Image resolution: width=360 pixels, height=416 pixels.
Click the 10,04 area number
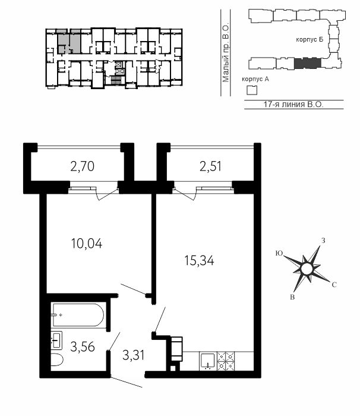[87, 244]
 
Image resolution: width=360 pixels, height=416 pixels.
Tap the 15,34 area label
[199, 260]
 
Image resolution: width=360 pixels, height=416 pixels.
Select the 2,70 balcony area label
[82, 166]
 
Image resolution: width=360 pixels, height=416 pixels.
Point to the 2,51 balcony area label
[210, 166]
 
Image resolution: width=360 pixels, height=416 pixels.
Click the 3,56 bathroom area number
[83, 346]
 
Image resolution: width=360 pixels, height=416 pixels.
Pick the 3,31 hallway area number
[134, 355]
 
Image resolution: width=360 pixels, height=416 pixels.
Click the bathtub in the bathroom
[78, 315]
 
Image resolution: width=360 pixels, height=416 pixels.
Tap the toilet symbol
[57, 360]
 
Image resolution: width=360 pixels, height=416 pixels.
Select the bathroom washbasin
[56, 341]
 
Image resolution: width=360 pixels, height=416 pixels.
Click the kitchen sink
[208, 361]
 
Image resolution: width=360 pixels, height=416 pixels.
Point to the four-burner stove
[226, 361]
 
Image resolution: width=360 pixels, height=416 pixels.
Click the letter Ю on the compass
[279, 253]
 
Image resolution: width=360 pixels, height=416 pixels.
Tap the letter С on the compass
[334, 285]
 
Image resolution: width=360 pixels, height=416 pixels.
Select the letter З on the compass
[323, 241]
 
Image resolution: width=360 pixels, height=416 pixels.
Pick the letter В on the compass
[292, 297]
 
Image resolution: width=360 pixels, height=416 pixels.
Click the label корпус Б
[310, 40]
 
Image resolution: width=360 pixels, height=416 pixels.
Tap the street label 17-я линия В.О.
[293, 104]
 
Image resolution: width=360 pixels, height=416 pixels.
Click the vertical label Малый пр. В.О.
[226, 53]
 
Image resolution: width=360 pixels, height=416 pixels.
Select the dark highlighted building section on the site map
[308, 63]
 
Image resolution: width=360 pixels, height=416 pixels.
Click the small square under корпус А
[252, 91]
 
